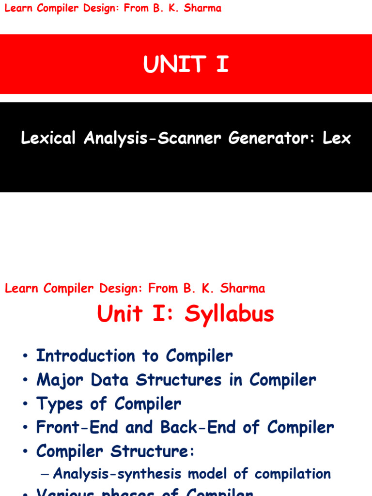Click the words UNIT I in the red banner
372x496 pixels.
tap(186, 64)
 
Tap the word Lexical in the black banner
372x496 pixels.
tap(48, 139)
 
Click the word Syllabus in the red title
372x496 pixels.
tap(229, 314)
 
